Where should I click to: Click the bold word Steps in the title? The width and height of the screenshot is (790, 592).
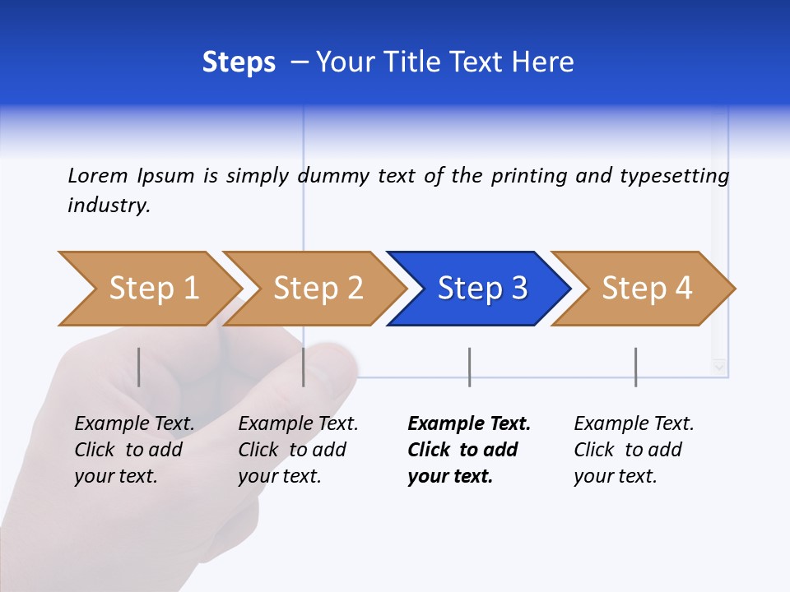(239, 62)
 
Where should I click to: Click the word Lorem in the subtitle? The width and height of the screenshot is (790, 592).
(98, 175)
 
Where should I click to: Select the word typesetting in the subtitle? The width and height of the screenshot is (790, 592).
(674, 176)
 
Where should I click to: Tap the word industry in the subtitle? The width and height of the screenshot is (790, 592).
(109, 206)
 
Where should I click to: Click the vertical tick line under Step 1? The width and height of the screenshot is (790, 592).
(139, 367)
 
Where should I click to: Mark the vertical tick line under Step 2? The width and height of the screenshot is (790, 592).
(304, 367)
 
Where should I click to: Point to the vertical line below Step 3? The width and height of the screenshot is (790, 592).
(469, 367)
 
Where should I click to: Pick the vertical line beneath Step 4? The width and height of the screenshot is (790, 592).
(635, 367)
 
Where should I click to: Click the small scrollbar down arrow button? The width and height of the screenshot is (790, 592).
(720, 367)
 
